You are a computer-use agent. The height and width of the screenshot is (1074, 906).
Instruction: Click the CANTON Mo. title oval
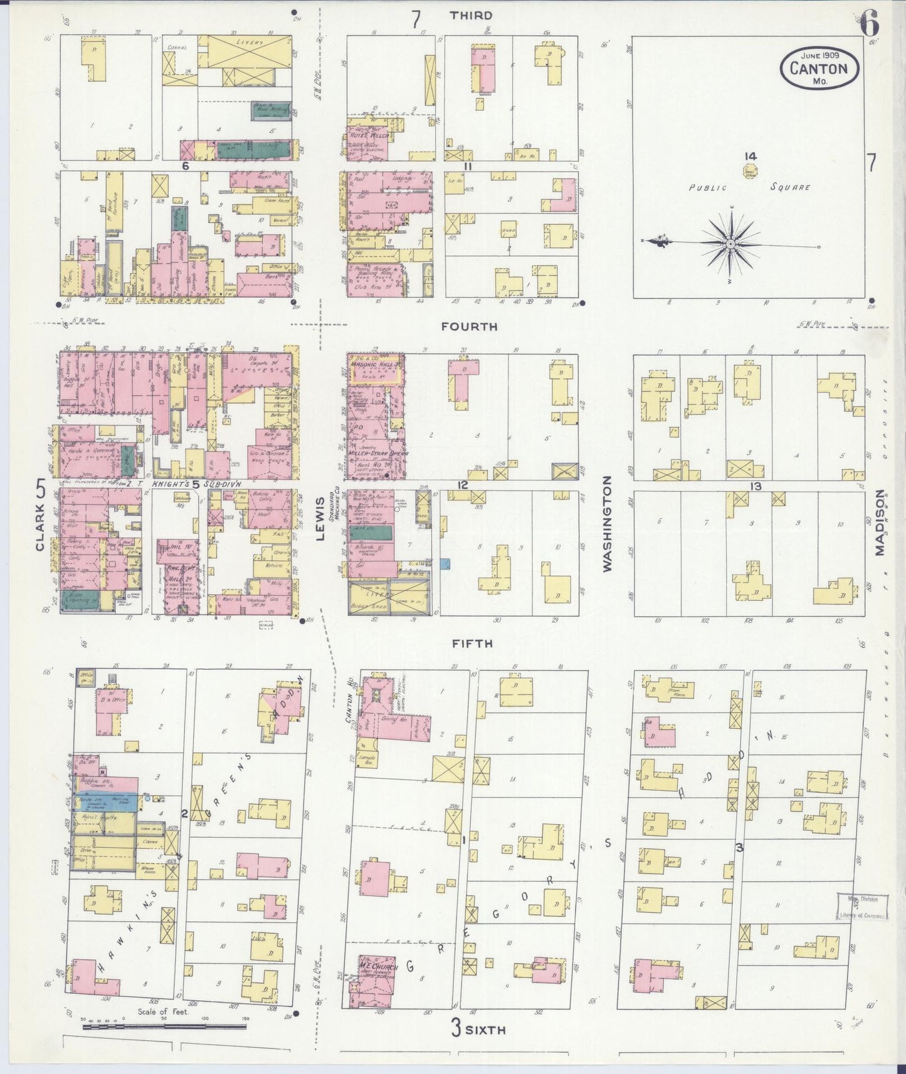point(819,68)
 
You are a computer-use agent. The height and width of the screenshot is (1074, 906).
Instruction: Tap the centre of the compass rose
point(730,243)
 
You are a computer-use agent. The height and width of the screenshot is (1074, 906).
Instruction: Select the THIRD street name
point(471,15)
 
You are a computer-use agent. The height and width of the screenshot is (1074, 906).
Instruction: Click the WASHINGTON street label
point(606,523)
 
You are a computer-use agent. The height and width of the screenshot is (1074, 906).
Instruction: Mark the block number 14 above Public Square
point(750,156)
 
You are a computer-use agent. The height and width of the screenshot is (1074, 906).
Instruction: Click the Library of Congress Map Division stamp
point(863,906)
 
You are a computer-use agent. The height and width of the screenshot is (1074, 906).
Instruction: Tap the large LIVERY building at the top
point(250,43)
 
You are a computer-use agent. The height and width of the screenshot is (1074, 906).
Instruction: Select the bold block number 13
point(755,486)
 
